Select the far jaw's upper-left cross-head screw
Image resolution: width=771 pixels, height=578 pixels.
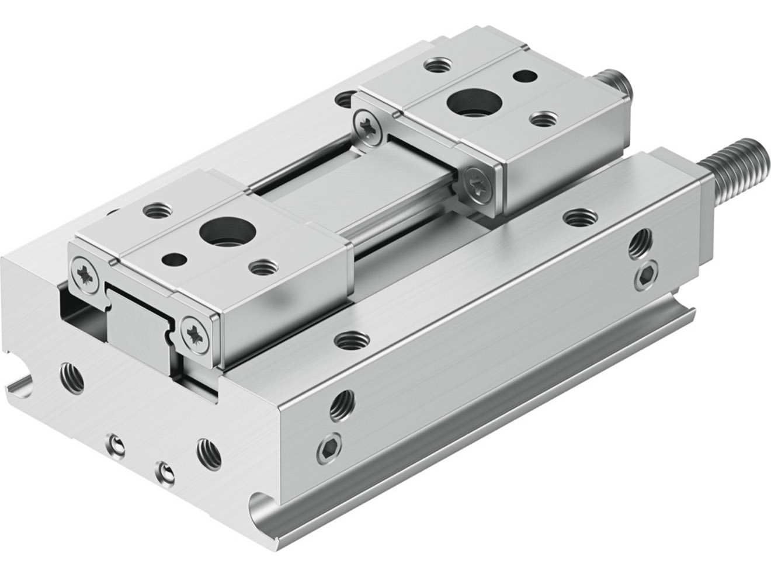(x=369, y=125)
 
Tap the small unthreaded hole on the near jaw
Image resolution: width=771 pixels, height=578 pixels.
(x=173, y=257)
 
